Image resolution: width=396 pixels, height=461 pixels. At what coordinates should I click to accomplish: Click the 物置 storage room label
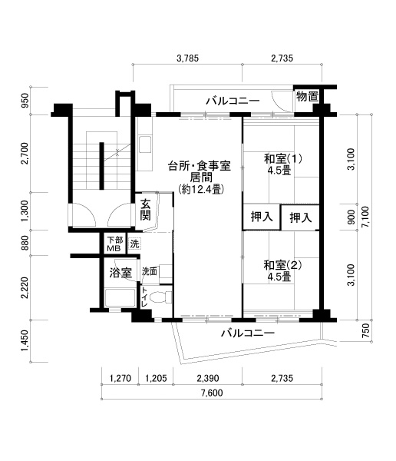pos(307,97)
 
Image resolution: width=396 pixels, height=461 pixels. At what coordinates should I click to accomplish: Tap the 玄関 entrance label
pos(145,209)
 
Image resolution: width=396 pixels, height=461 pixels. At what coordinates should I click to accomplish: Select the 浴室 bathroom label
pos(120,273)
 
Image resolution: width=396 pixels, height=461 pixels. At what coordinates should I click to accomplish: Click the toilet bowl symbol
pos(160,297)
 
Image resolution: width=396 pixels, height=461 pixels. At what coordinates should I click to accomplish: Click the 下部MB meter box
pos(114,244)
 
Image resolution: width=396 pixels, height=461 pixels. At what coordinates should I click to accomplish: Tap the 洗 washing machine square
pos(134,244)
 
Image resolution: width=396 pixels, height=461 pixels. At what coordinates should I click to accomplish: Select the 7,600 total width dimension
pos(212,393)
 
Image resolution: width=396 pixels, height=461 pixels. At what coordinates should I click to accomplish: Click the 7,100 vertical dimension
pos(366,217)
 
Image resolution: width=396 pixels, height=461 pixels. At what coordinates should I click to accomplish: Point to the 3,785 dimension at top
pos(187,58)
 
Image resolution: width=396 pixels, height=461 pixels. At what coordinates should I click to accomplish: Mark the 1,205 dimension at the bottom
pos(156,378)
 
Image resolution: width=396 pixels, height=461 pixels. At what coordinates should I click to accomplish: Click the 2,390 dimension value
pos(208,378)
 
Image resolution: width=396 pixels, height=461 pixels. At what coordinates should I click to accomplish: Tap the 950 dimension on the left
pos(26,100)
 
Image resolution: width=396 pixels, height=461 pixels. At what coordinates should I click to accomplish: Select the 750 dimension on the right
pos(366,330)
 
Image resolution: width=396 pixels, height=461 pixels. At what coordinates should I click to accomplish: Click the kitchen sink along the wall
pos(145,144)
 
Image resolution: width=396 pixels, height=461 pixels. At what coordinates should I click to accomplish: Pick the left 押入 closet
pos(262,217)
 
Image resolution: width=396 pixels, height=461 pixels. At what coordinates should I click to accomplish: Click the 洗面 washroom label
pos(149,272)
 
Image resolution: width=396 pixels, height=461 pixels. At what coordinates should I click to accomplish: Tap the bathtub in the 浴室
pos(120,298)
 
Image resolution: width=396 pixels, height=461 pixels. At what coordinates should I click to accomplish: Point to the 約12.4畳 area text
pos(201,189)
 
